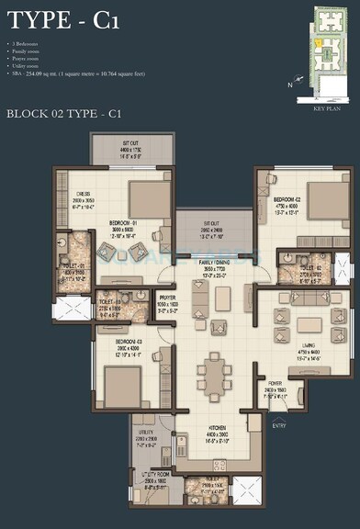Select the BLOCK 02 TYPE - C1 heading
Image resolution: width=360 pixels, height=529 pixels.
[x=65, y=114]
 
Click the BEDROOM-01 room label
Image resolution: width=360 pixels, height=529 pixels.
[x=124, y=223]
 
